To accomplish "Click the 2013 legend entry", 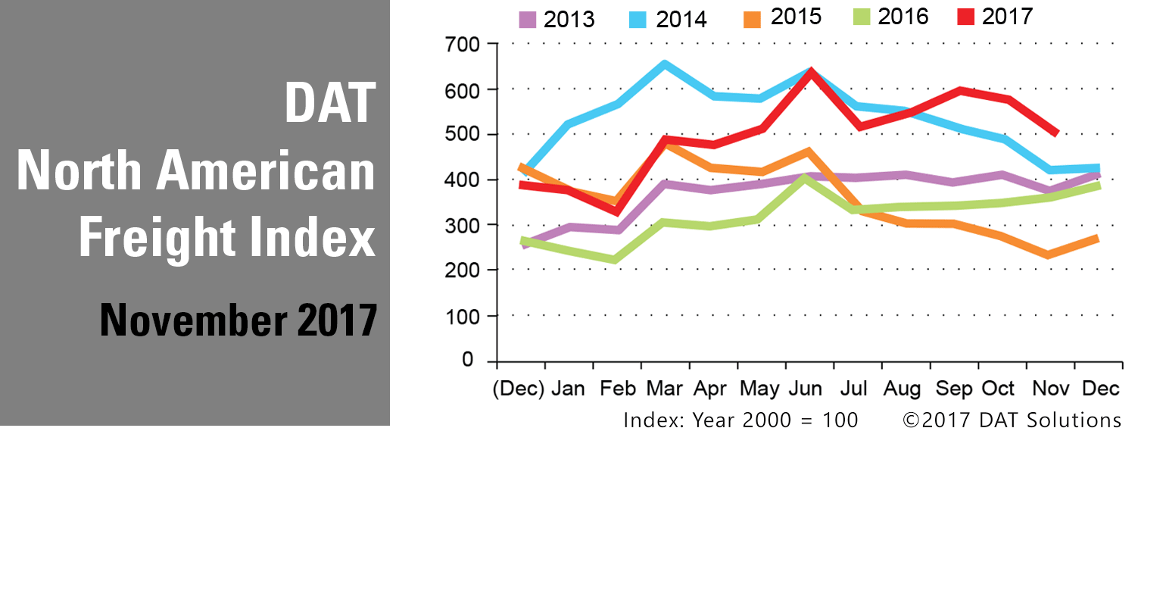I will tap(556, 19).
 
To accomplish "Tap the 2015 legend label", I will tap(796, 17).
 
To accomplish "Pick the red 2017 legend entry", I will tap(994, 17).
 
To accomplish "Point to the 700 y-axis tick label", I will tap(463, 45).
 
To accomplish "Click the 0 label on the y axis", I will tap(468, 360).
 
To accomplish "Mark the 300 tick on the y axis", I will tap(463, 226).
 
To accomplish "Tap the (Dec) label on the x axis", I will tap(519, 389).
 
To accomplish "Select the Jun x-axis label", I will tap(805, 389).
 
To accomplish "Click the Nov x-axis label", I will tap(1051, 389).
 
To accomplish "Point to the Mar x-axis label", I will tap(664, 389).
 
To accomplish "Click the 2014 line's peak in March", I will tap(665, 64).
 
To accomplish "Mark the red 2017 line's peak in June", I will tap(811, 73).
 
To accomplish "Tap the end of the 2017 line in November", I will tap(1056, 133).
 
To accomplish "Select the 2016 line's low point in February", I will tap(614, 260).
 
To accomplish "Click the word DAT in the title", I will tap(330, 104).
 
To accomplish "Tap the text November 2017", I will tap(238, 320).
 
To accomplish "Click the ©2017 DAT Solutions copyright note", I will tap(1012, 420).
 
